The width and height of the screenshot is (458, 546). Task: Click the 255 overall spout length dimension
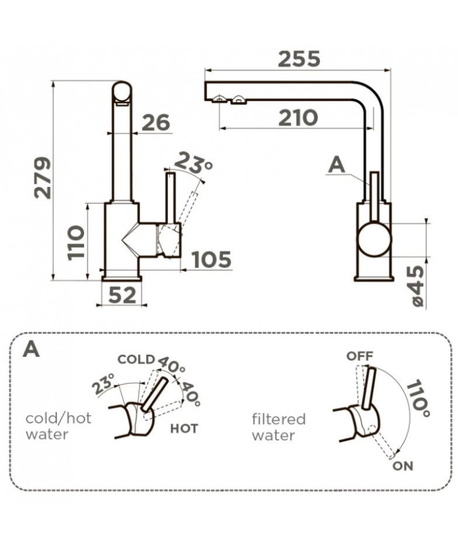(299, 58)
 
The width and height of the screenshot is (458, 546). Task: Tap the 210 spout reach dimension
(298, 118)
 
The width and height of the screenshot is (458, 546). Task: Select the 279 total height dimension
(43, 178)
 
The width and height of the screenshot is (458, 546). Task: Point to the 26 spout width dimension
(157, 122)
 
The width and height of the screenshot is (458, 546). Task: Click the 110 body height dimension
(76, 242)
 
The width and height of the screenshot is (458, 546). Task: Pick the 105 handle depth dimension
(211, 259)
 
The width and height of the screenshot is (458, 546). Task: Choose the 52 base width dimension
(122, 295)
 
